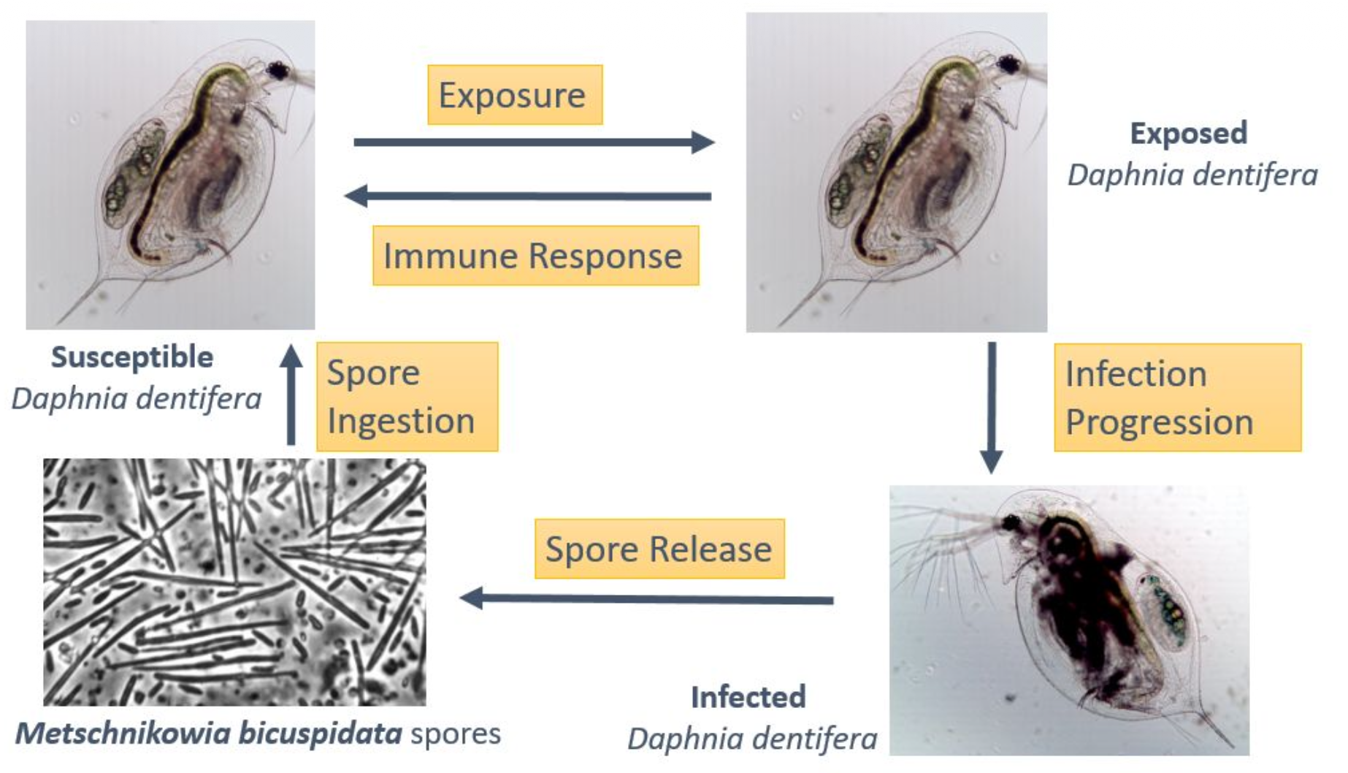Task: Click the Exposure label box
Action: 515,95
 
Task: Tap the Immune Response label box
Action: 535,256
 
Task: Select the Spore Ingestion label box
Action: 407,397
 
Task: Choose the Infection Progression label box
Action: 1177,397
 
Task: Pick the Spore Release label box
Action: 659,549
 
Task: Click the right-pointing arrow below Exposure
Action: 533,142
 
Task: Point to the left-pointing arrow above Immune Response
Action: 528,196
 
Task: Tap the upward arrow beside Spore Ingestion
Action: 291,395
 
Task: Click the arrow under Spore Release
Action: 647,599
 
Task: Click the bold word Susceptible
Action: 132,357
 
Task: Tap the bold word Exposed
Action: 1188,133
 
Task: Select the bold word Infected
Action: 748,697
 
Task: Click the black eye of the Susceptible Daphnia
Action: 277,71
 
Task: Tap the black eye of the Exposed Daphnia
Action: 1009,64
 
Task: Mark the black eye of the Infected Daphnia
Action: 1011,522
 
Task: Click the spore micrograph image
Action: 234,582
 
